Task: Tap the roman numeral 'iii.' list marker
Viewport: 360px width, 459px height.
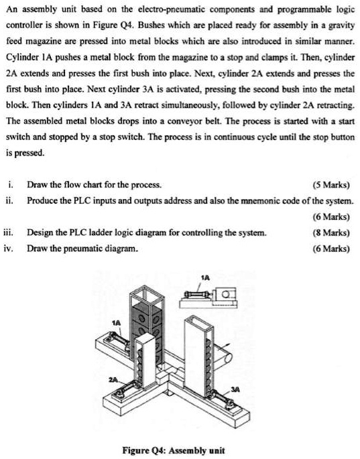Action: pyautogui.click(x=9, y=233)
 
